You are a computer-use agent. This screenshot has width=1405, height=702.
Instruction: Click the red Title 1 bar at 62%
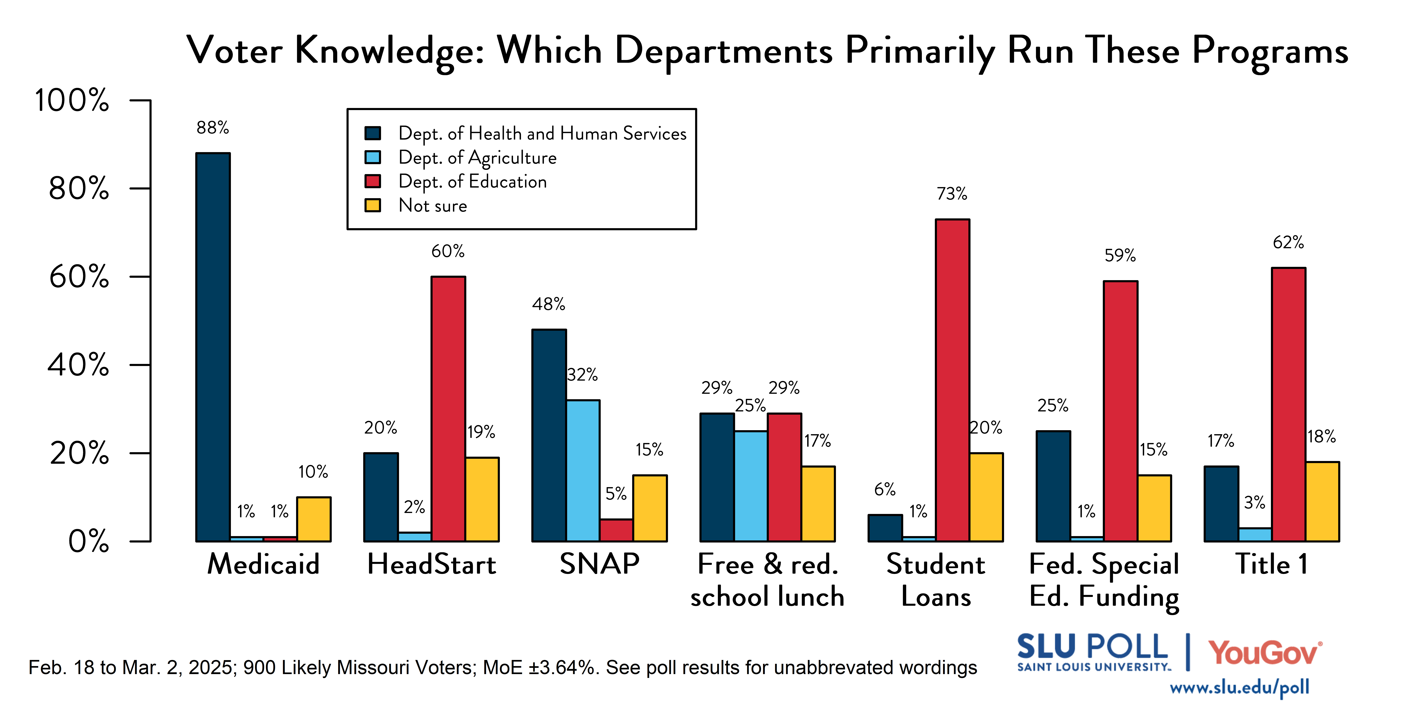tap(1288, 404)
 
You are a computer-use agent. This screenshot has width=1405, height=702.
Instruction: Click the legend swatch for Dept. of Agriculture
tap(373, 158)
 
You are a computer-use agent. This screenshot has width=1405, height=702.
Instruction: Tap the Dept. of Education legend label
tap(472, 181)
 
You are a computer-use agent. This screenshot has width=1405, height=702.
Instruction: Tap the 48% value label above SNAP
tap(549, 304)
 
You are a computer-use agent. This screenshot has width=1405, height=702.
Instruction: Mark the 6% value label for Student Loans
tap(885, 489)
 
